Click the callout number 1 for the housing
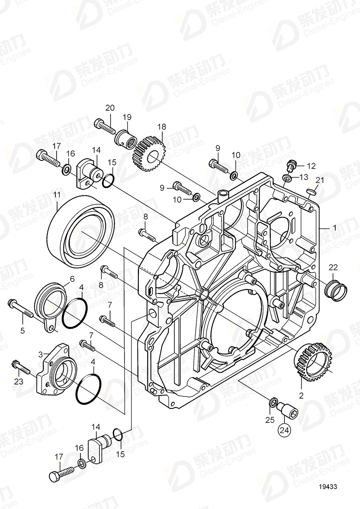[334, 228]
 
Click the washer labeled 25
[273, 402]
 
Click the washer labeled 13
[286, 178]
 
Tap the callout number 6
[72, 279]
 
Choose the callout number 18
[161, 127]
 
